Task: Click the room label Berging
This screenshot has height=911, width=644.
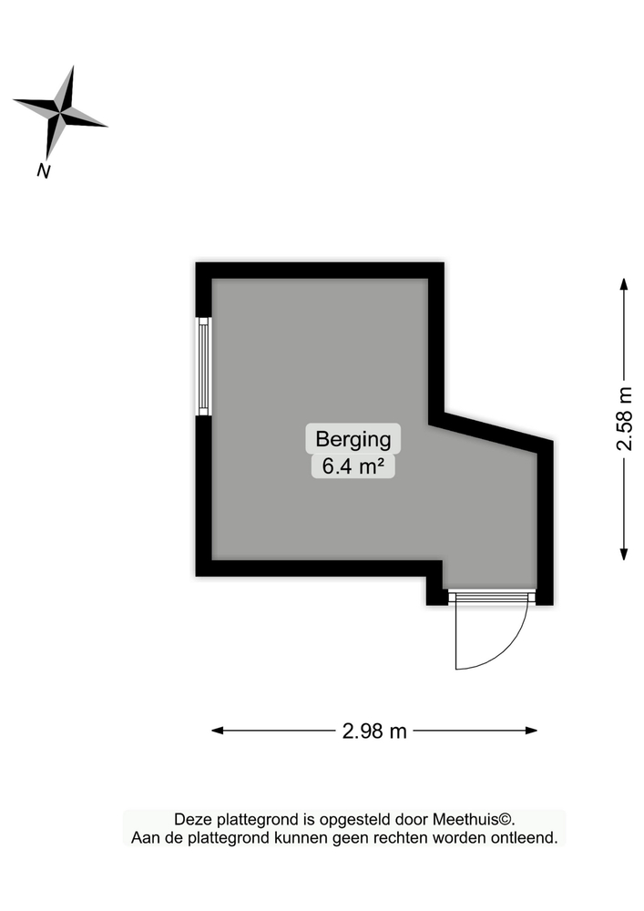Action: [x=353, y=439]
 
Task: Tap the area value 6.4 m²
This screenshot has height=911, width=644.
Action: [x=353, y=466]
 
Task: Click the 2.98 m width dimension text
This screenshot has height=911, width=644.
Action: [x=374, y=731]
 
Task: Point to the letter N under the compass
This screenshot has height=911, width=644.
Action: [x=43, y=169]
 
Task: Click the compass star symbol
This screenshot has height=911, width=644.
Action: [x=60, y=113]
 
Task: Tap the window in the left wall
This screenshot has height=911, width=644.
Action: [x=204, y=366]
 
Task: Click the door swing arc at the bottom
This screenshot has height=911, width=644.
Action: [x=510, y=647]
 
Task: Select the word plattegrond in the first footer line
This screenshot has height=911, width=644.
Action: [x=242, y=820]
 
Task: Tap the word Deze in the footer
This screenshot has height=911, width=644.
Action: [x=192, y=820]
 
